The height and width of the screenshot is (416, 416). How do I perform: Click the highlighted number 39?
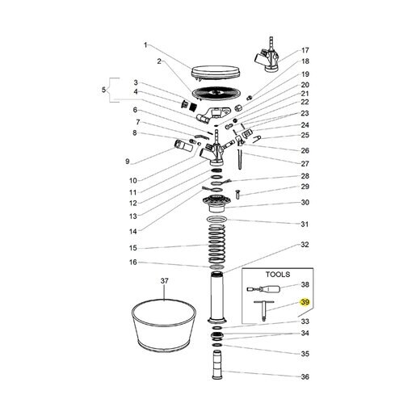click(305, 302)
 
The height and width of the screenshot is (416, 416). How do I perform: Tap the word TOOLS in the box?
click(278, 275)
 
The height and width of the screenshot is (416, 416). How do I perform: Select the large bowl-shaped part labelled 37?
click(164, 326)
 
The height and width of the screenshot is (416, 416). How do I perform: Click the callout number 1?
click(145, 45)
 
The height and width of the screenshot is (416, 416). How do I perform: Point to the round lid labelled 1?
click(216, 73)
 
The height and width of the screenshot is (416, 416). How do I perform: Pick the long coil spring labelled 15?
click(216, 244)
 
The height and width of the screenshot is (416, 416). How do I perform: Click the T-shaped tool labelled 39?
click(264, 311)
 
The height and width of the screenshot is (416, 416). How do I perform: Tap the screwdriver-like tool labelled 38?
click(263, 289)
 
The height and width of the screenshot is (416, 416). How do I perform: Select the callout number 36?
click(305, 376)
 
